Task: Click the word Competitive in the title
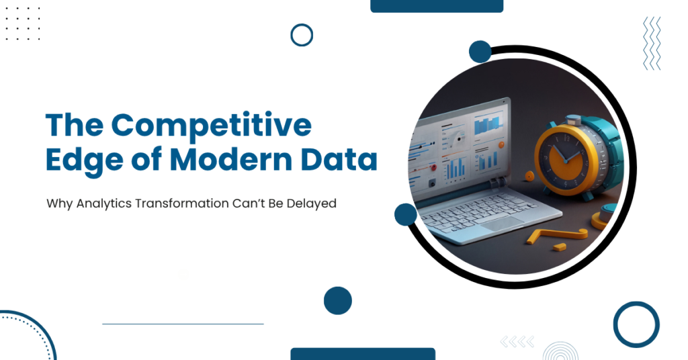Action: (x=211, y=126)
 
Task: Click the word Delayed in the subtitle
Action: (x=310, y=202)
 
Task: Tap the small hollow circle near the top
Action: (x=302, y=34)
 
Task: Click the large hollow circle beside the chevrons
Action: (x=636, y=324)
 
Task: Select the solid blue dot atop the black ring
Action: (x=480, y=52)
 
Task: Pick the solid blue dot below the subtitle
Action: (x=337, y=300)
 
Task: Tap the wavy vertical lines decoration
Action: (x=651, y=44)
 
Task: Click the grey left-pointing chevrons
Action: (x=517, y=342)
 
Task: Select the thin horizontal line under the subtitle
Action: (x=183, y=324)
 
